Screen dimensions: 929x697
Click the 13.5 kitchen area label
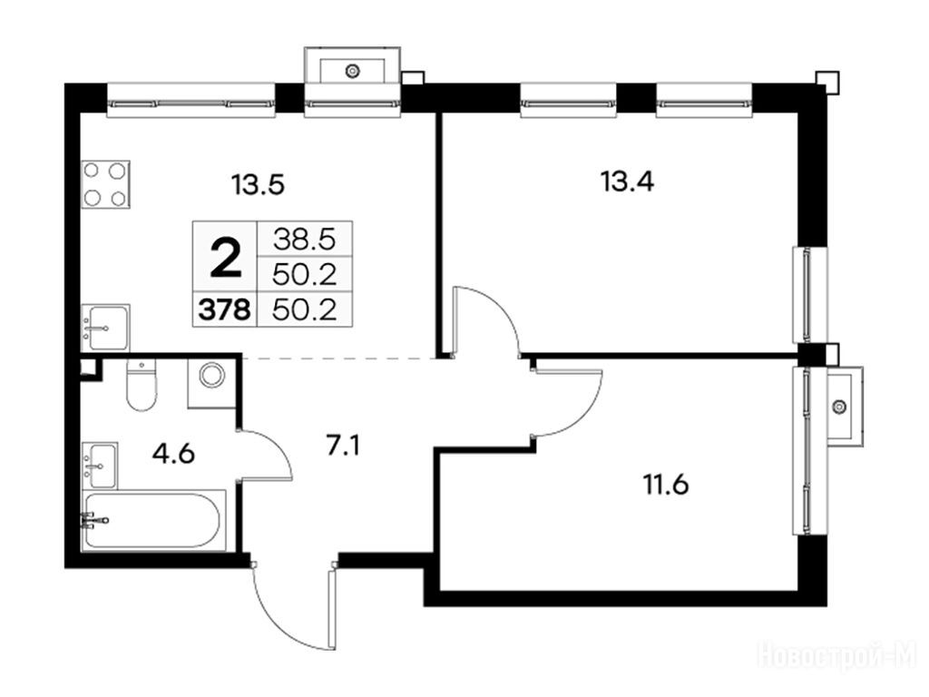[x=259, y=185]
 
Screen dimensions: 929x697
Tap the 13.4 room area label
[x=628, y=181]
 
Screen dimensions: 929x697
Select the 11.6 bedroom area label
[x=666, y=486]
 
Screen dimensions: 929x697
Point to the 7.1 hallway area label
[x=343, y=445]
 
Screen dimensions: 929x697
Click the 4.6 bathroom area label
[x=173, y=454]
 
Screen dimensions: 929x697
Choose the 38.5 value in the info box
[x=305, y=240]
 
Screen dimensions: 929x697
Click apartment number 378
[x=225, y=309]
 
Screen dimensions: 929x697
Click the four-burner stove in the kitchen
[x=106, y=183]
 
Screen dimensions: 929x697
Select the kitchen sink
[x=105, y=327]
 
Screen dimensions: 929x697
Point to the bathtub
[x=154, y=520]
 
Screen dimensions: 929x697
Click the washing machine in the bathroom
[x=212, y=384]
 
